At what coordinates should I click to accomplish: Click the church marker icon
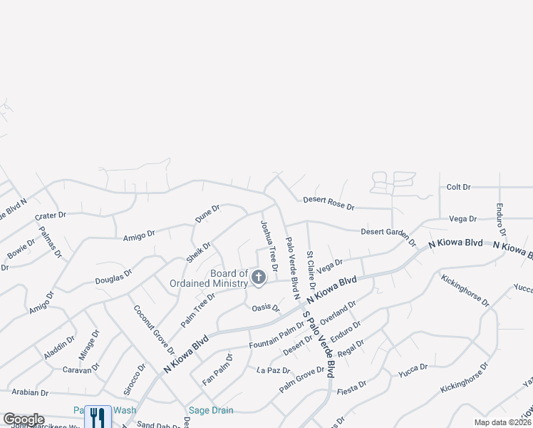point(258,277)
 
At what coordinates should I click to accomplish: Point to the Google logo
point(24,419)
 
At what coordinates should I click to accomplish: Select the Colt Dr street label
point(458,187)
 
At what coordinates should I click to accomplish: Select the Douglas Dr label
point(113,277)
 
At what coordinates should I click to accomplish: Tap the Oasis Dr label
point(266,307)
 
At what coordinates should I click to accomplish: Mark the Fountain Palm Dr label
point(276,335)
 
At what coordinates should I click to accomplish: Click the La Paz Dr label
point(274,370)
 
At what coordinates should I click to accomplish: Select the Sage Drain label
point(210,410)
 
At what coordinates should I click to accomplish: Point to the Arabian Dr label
point(29,392)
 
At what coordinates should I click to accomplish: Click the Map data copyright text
point(502,422)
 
